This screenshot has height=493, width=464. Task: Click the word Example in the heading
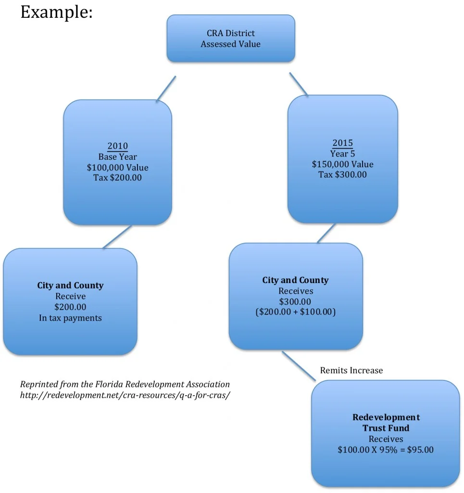click(56, 13)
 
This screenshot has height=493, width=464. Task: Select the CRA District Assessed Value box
click(230, 39)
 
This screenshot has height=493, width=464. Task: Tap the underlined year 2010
click(117, 146)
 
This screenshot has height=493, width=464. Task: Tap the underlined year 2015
click(342, 143)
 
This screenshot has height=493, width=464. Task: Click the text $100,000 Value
click(117, 168)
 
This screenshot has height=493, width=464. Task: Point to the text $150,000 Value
click(342, 164)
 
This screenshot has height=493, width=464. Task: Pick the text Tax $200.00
click(117, 178)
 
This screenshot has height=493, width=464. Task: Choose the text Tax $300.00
click(342, 174)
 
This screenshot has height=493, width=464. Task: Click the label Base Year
click(117, 157)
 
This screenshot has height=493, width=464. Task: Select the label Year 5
click(342, 154)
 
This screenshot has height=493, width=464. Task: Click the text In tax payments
click(70, 318)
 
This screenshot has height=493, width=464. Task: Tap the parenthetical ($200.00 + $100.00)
click(295, 312)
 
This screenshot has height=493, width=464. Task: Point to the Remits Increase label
click(351, 370)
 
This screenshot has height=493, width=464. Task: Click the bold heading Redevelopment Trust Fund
click(386, 422)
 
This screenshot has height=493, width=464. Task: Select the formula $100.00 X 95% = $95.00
click(386, 450)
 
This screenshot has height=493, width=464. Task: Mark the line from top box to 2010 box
click(166, 89)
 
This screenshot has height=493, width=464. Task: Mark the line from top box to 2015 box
click(298, 84)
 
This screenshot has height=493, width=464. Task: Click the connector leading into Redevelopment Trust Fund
click(298, 366)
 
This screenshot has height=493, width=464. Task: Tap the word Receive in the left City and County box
click(70, 296)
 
